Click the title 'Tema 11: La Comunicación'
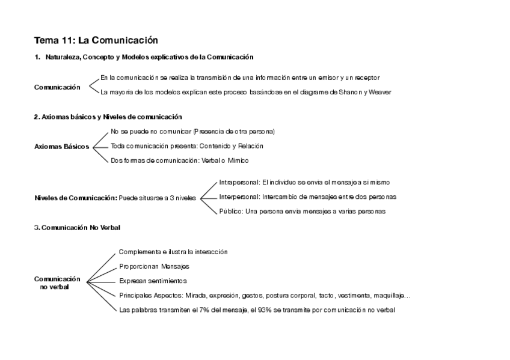(96, 40)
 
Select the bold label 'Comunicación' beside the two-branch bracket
(57, 87)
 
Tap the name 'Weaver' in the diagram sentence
(380, 92)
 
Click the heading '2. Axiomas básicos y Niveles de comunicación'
(108, 117)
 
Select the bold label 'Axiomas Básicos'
(62, 146)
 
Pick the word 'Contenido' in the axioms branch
(213, 145)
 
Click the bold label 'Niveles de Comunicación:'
(76, 197)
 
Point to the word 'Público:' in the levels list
(231, 211)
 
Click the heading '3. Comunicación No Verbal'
(78, 227)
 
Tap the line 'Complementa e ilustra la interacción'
(173, 252)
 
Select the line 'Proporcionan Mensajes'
(154, 266)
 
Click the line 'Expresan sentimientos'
(153, 281)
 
